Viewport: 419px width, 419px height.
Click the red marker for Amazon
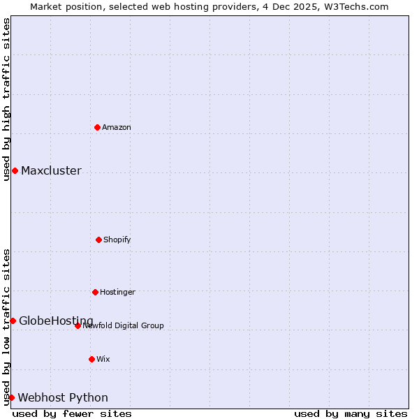pos(98,127)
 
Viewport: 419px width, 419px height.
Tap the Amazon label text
pos(117,128)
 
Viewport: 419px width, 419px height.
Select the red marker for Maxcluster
pos(15,170)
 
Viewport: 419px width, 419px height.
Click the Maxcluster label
pos(51,171)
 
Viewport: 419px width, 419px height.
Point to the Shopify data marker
pos(98,240)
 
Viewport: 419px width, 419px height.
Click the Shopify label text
pos(117,240)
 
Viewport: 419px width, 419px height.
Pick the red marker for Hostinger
pos(95,292)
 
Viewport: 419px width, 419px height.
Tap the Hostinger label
pos(117,293)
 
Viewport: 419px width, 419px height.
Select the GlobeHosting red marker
pos(13,321)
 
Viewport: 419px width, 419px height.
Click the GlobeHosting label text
pos(56,321)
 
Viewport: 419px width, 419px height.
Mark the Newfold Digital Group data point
pos(78,325)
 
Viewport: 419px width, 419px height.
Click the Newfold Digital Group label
pos(124,326)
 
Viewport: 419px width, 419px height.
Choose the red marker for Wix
pos(91,359)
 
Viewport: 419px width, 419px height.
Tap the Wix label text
pos(103,360)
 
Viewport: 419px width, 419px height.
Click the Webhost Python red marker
pos(11,397)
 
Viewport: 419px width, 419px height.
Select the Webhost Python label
pos(63,398)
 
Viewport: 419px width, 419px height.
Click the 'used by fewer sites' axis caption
pos(72,413)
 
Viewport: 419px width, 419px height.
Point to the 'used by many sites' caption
pos(351,413)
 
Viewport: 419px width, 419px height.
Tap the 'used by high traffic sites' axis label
pos(6,99)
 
